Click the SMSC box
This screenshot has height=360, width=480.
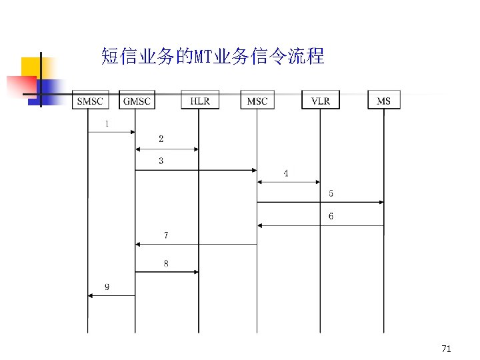pyautogui.click(x=89, y=101)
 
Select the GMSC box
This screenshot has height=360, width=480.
pyautogui.click(x=137, y=101)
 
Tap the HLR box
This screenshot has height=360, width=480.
pyautogui.click(x=199, y=101)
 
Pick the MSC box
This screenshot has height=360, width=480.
pyautogui.click(x=257, y=101)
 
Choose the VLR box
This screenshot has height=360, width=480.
pyautogui.click(x=320, y=101)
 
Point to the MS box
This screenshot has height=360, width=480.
pyautogui.click(x=383, y=101)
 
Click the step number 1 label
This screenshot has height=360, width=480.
pyautogui.click(x=107, y=123)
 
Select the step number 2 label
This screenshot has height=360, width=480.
pyautogui.click(x=161, y=139)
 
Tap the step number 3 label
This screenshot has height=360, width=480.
pyautogui.click(x=161, y=161)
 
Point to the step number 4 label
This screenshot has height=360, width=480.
pyautogui.click(x=286, y=173)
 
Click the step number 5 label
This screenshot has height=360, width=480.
pyautogui.click(x=331, y=193)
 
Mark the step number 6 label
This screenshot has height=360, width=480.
pyautogui.click(x=331, y=216)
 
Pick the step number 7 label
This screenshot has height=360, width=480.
pyautogui.click(x=166, y=235)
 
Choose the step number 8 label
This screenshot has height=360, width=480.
pyautogui.click(x=166, y=263)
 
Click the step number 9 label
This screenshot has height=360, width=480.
pyautogui.click(x=107, y=287)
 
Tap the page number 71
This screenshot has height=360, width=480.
pyautogui.click(x=446, y=349)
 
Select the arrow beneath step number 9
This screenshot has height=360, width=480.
pyautogui.click(x=111, y=295)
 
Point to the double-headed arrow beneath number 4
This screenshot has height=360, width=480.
pyautogui.click(x=288, y=181)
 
